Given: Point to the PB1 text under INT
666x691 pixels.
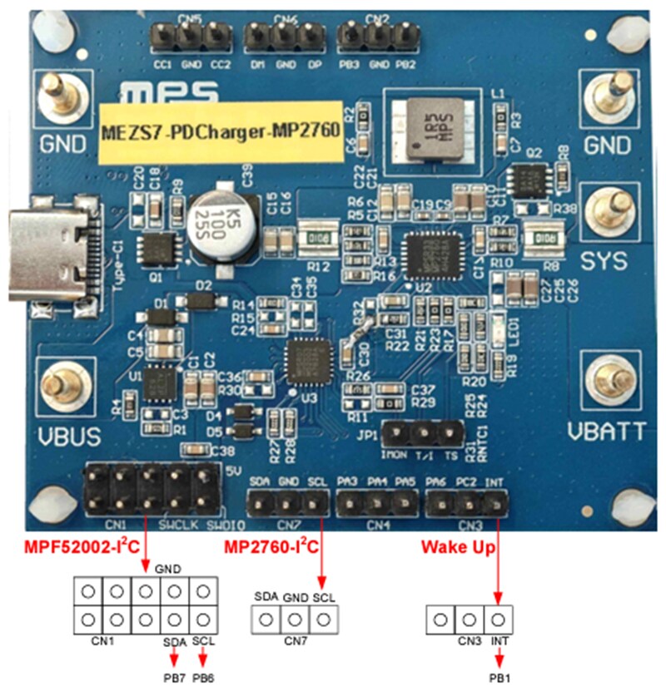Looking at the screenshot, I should (498, 678).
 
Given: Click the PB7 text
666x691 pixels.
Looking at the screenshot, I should (173, 678).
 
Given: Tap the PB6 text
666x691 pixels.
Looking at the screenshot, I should (204, 678).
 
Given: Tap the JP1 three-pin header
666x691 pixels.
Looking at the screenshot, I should (423, 432).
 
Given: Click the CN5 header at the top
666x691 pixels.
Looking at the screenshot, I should (191, 36).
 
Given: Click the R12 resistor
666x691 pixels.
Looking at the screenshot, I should (319, 238).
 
